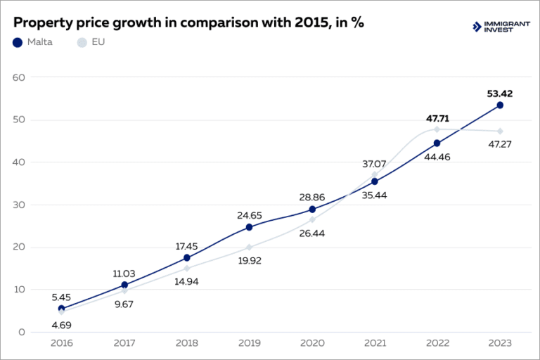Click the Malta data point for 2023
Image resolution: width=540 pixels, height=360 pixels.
[x=500, y=105]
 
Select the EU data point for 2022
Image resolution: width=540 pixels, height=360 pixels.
[x=437, y=129]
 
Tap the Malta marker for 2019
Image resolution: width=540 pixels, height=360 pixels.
[x=250, y=227]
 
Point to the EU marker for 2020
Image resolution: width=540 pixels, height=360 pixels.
[x=312, y=219]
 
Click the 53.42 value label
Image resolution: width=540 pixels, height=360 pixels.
[x=500, y=93]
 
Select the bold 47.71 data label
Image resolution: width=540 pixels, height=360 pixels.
[x=437, y=118]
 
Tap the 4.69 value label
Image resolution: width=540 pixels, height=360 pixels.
[x=61, y=325]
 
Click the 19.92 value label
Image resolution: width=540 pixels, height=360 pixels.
[x=250, y=260]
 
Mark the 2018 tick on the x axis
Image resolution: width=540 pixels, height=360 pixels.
[x=186, y=343]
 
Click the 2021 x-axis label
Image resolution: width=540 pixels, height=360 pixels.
[x=375, y=343]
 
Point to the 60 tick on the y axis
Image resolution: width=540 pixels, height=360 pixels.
[x=19, y=77]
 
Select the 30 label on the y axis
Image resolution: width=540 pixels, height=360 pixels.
[x=19, y=205]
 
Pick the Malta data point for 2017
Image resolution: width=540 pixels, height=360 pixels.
[x=124, y=285]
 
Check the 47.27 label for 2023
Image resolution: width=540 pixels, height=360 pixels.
[x=500, y=144]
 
